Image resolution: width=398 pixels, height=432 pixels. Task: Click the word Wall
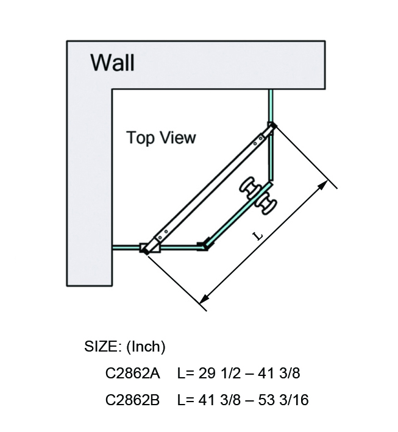click(x=112, y=62)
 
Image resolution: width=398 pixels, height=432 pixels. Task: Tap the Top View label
click(x=161, y=138)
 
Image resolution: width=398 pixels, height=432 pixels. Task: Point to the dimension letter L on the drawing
click(x=258, y=234)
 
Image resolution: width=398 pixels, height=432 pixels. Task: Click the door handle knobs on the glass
click(x=258, y=195)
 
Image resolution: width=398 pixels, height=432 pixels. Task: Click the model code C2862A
click(x=132, y=374)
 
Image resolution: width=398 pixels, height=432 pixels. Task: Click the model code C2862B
click(x=132, y=400)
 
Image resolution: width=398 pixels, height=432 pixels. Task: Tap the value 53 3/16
click(x=285, y=400)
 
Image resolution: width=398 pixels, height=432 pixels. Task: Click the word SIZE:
click(x=103, y=347)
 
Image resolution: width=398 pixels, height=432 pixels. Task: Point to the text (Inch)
click(x=146, y=347)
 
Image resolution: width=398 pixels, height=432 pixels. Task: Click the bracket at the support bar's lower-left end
click(x=149, y=246)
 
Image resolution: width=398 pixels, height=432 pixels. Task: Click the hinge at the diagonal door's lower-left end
click(x=203, y=246)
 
